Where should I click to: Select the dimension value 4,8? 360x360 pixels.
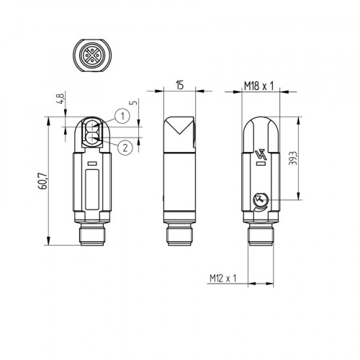pyautogui.click(x=62, y=96)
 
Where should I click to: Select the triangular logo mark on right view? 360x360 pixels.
pyautogui.click(x=260, y=154)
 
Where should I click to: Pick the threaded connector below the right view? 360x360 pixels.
pyautogui.click(x=260, y=235)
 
